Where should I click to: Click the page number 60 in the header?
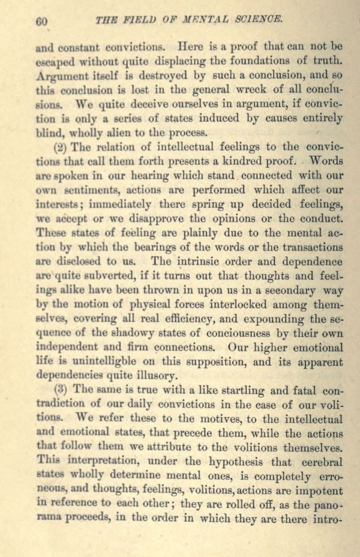coord(41,21)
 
